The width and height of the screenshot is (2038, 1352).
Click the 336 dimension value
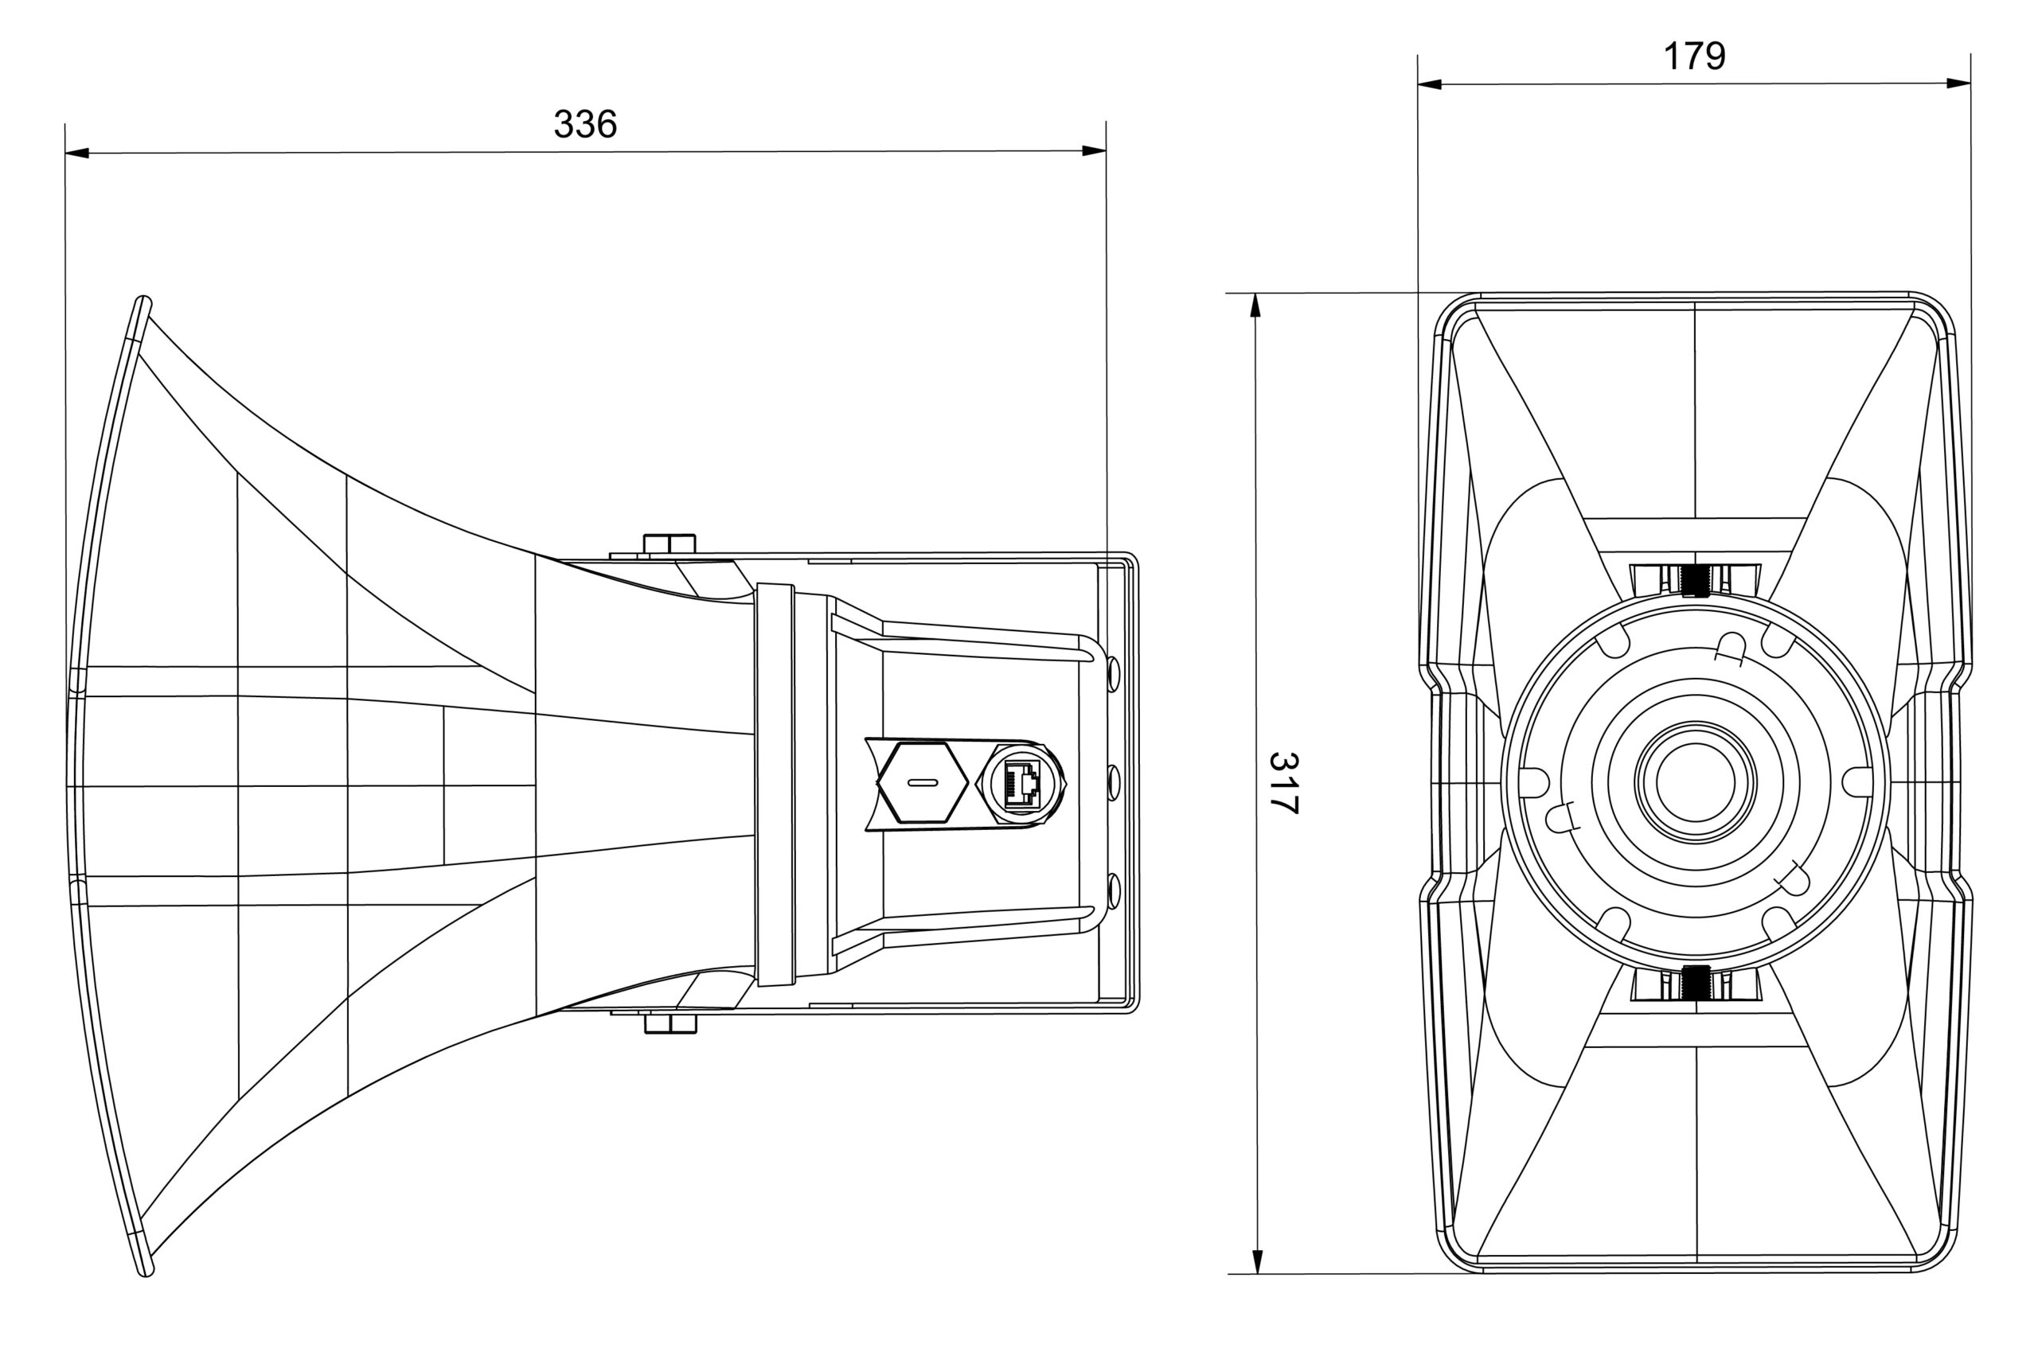(585, 125)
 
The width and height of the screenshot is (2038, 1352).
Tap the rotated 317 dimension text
(1284, 783)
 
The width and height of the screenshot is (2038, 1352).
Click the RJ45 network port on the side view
(1021, 784)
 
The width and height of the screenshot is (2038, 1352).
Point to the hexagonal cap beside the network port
(922, 783)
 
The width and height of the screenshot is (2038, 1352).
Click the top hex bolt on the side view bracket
(670, 544)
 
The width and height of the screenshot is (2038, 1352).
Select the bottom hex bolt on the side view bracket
(670, 1023)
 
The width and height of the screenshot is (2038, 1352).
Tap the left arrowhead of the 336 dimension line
(76, 154)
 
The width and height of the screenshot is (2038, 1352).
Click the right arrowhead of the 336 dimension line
(1094, 151)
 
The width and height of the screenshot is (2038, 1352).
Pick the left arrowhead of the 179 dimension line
(1430, 84)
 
